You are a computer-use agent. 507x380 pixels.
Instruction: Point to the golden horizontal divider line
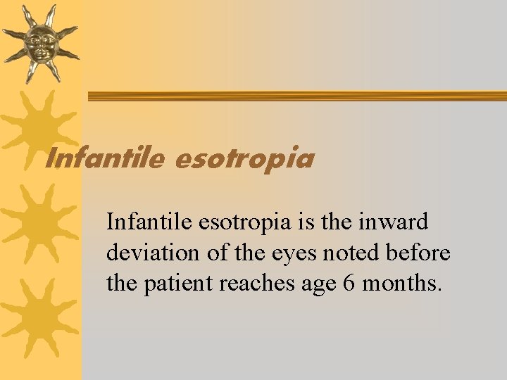point(296,96)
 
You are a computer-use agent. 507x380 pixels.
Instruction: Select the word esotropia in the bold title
point(243,160)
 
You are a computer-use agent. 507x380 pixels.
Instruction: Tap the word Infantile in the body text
point(149,222)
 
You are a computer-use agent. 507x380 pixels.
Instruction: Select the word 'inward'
point(394,222)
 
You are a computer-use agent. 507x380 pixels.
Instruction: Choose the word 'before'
point(420,253)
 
